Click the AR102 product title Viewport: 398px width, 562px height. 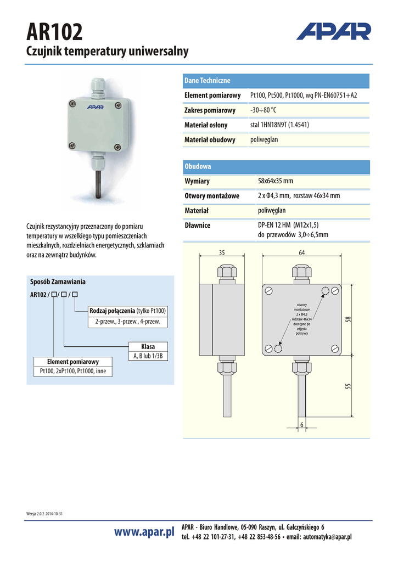point(55,33)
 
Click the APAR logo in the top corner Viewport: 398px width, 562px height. point(333,31)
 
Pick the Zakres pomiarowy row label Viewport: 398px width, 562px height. point(210,110)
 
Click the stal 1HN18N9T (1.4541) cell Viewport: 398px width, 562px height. point(279,125)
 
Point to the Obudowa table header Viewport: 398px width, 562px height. point(198,166)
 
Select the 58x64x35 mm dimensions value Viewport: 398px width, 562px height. point(276,181)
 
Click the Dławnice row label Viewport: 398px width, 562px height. point(197,225)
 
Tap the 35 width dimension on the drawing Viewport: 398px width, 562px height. point(222,253)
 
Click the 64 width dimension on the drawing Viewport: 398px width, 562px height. point(302,253)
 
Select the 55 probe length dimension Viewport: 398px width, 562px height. point(347,386)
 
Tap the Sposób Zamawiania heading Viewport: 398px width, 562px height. point(58,282)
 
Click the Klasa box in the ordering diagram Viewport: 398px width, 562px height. point(148,347)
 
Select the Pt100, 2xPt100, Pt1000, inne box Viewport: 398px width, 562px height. point(73,372)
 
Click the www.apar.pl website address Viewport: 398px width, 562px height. point(144,532)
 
